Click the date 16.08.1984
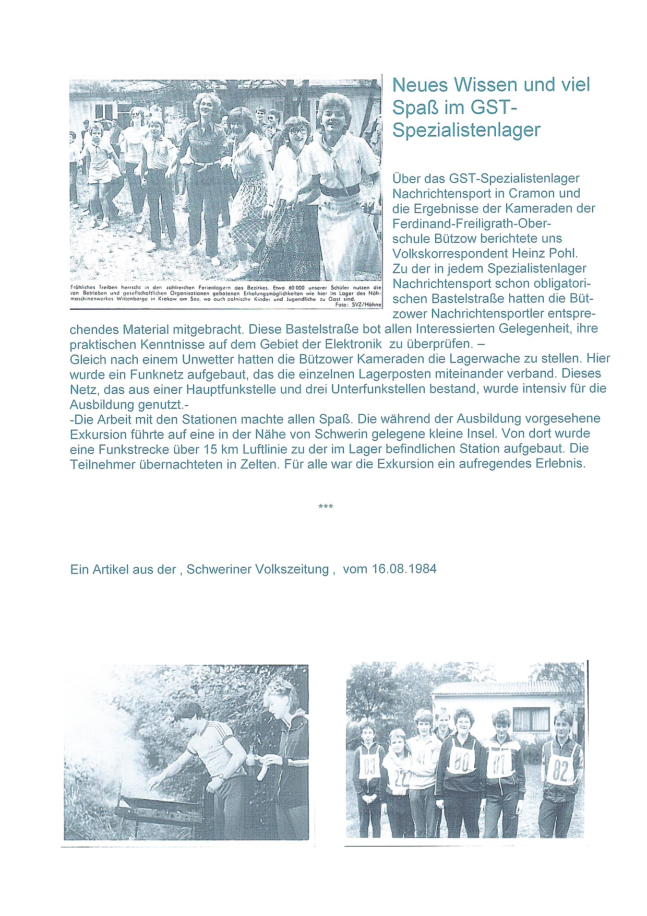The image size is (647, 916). (x=404, y=569)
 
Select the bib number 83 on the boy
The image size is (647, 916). (x=369, y=766)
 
